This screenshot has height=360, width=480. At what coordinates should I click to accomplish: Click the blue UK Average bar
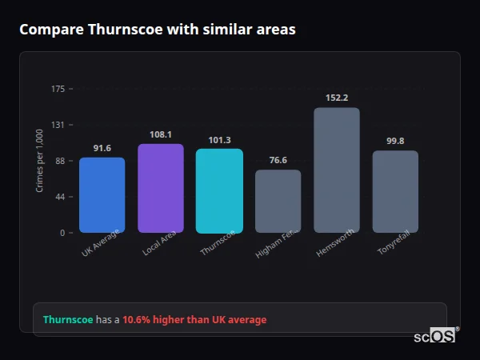click(x=102, y=194)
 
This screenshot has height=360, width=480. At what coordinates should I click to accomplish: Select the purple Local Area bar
click(x=161, y=188)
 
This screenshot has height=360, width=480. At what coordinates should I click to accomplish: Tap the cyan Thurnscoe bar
click(x=219, y=190)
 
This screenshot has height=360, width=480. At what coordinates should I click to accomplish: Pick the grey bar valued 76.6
click(x=278, y=201)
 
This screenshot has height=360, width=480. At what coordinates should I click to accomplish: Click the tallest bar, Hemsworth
click(x=337, y=170)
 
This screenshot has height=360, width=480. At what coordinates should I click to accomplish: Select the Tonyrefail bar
click(x=395, y=191)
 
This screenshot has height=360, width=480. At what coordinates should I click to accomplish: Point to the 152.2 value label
click(x=337, y=98)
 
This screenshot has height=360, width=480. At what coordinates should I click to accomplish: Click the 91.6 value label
click(x=102, y=148)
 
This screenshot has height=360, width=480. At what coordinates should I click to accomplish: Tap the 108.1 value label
click(x=161, y=134)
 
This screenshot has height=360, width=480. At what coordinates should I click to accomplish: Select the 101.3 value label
click(x=219, y=140)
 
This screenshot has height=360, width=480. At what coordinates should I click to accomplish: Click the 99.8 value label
click(x=395, y=141)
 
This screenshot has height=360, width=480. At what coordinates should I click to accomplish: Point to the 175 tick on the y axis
click(x=58, y=89)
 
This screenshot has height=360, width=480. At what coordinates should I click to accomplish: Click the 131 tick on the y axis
click(x=58, y=125)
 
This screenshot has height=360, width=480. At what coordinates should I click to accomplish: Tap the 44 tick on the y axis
click(x=60, y=197)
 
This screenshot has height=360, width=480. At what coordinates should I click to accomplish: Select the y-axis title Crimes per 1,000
click(x=40, y=161)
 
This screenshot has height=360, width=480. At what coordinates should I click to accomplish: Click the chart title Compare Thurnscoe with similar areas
click(x=158, y=30)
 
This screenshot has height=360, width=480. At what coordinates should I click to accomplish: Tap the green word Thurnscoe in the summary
click(x=68, y=320)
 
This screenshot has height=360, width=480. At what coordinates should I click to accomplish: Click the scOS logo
click(x=435, y=336)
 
